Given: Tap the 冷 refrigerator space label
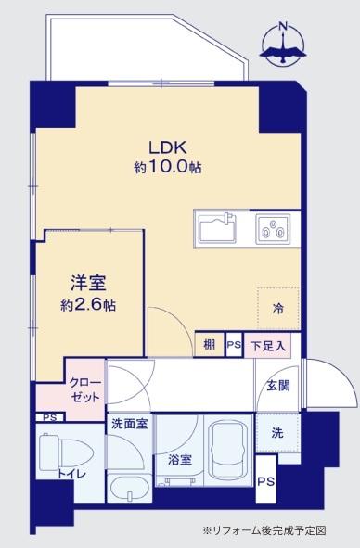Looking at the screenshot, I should [x=277, y=307].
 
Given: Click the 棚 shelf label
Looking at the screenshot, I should [x=210, y=345].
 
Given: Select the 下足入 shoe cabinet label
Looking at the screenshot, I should [x=268, y=345].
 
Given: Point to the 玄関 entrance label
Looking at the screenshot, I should [x=278, y=386].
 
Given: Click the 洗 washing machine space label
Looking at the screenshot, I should [x=277, y=431].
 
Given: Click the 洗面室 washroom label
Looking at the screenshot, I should [x=129, y=424].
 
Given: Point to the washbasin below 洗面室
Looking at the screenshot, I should [x=128, y=486].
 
